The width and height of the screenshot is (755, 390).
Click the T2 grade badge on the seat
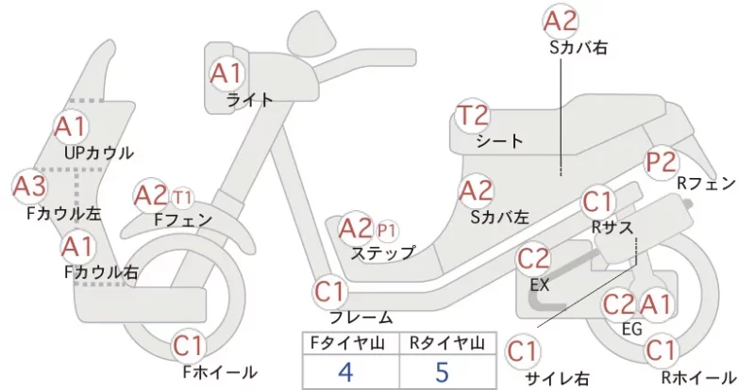pyautogui.click(x=474, y=116)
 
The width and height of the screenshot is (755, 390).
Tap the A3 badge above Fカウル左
pyautogui.click(x=29, y=187)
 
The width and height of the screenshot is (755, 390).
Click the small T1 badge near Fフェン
pyautogui.click(x=182, y=198)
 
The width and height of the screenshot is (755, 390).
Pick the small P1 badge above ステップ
pyautogui.click(x=387, y=232)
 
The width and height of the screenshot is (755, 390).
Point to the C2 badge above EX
pyautogui.click(x=533, y=260)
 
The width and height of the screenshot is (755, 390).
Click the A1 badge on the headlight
pyautogui.click(x=226, y=74)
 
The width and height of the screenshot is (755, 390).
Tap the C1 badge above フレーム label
pyautogui.click(x=330, y=291)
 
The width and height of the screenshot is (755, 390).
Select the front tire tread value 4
pyautogui.click(x=345, y=372)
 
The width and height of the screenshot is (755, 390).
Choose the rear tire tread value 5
pyautogui.click(x=442, y=372)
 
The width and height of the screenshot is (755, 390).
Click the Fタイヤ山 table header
pyautogui.click(x=347, y=343)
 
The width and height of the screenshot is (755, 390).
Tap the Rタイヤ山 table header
pyautogui.click(x=447, y=343)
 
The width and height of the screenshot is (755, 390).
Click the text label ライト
pyautogui.click(x=250, y=100)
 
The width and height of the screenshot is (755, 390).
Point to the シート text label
pyautogui.click(x=499, y=141)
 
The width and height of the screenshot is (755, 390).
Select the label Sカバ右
pyautogui.click(x=579, y=48)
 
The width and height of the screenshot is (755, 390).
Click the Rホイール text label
pyautogui.click(x=698, y=378)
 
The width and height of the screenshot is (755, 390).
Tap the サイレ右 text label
pyautogui.click(x=557, y=380)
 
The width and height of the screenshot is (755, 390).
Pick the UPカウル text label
pyautogui.click(x=99, y=154)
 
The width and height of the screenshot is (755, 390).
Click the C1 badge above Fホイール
pyautogui.click(x=190, y=346)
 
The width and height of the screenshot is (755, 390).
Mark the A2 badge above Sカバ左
pyautogui.click(x=476, y=191)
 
